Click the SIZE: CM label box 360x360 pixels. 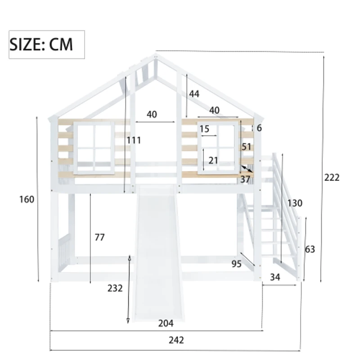tap(47, 45)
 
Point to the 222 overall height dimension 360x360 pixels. tap(332, 177)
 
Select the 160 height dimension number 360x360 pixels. tap(27, 199)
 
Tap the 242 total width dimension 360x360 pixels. tap(176, 340)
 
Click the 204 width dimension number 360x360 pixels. tap(166, 323)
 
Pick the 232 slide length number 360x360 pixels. tap(115, 288)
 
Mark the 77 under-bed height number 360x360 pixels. tap(99, 237)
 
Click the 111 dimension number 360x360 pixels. tap(134, 140)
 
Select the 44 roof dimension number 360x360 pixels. tap(194, 94)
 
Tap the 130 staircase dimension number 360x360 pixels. tap(295, 203)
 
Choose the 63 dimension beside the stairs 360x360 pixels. tap(310, 249)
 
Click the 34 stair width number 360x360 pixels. tap(274, 278)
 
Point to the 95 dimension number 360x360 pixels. tap(237, 264)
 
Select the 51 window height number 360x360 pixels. tap(246, 147)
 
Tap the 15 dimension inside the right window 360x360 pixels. tap(204, 129)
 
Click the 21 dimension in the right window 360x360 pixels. tap(213, 161)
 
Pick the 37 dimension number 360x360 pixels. tap(245, 179)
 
